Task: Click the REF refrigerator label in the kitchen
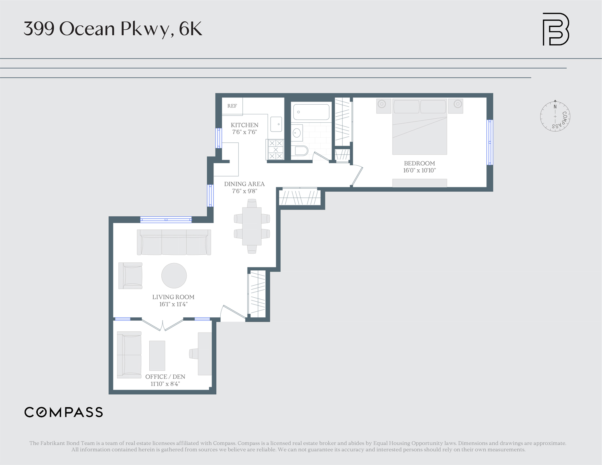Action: coord(232,106)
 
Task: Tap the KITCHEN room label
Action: coord(244,125)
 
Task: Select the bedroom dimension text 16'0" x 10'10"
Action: coord(419,171)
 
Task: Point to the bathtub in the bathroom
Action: coord(311,112)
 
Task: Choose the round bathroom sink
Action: coord(297,133)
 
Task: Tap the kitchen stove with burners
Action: coord(276,150)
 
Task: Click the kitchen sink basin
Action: coord(276,124)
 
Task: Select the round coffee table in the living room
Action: coord(174,276)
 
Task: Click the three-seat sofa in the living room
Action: coord(174,242)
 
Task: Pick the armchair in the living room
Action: coord(130,276)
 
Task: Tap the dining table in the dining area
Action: coord(252,226)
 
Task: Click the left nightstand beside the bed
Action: coord(383,106)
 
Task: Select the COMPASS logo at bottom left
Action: coord(64,412)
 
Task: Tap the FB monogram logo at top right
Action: coord(555,29)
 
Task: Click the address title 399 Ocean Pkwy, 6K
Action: coord(113,29)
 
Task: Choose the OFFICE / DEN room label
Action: coord(165,377)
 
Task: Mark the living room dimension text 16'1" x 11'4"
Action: coord(173,304)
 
